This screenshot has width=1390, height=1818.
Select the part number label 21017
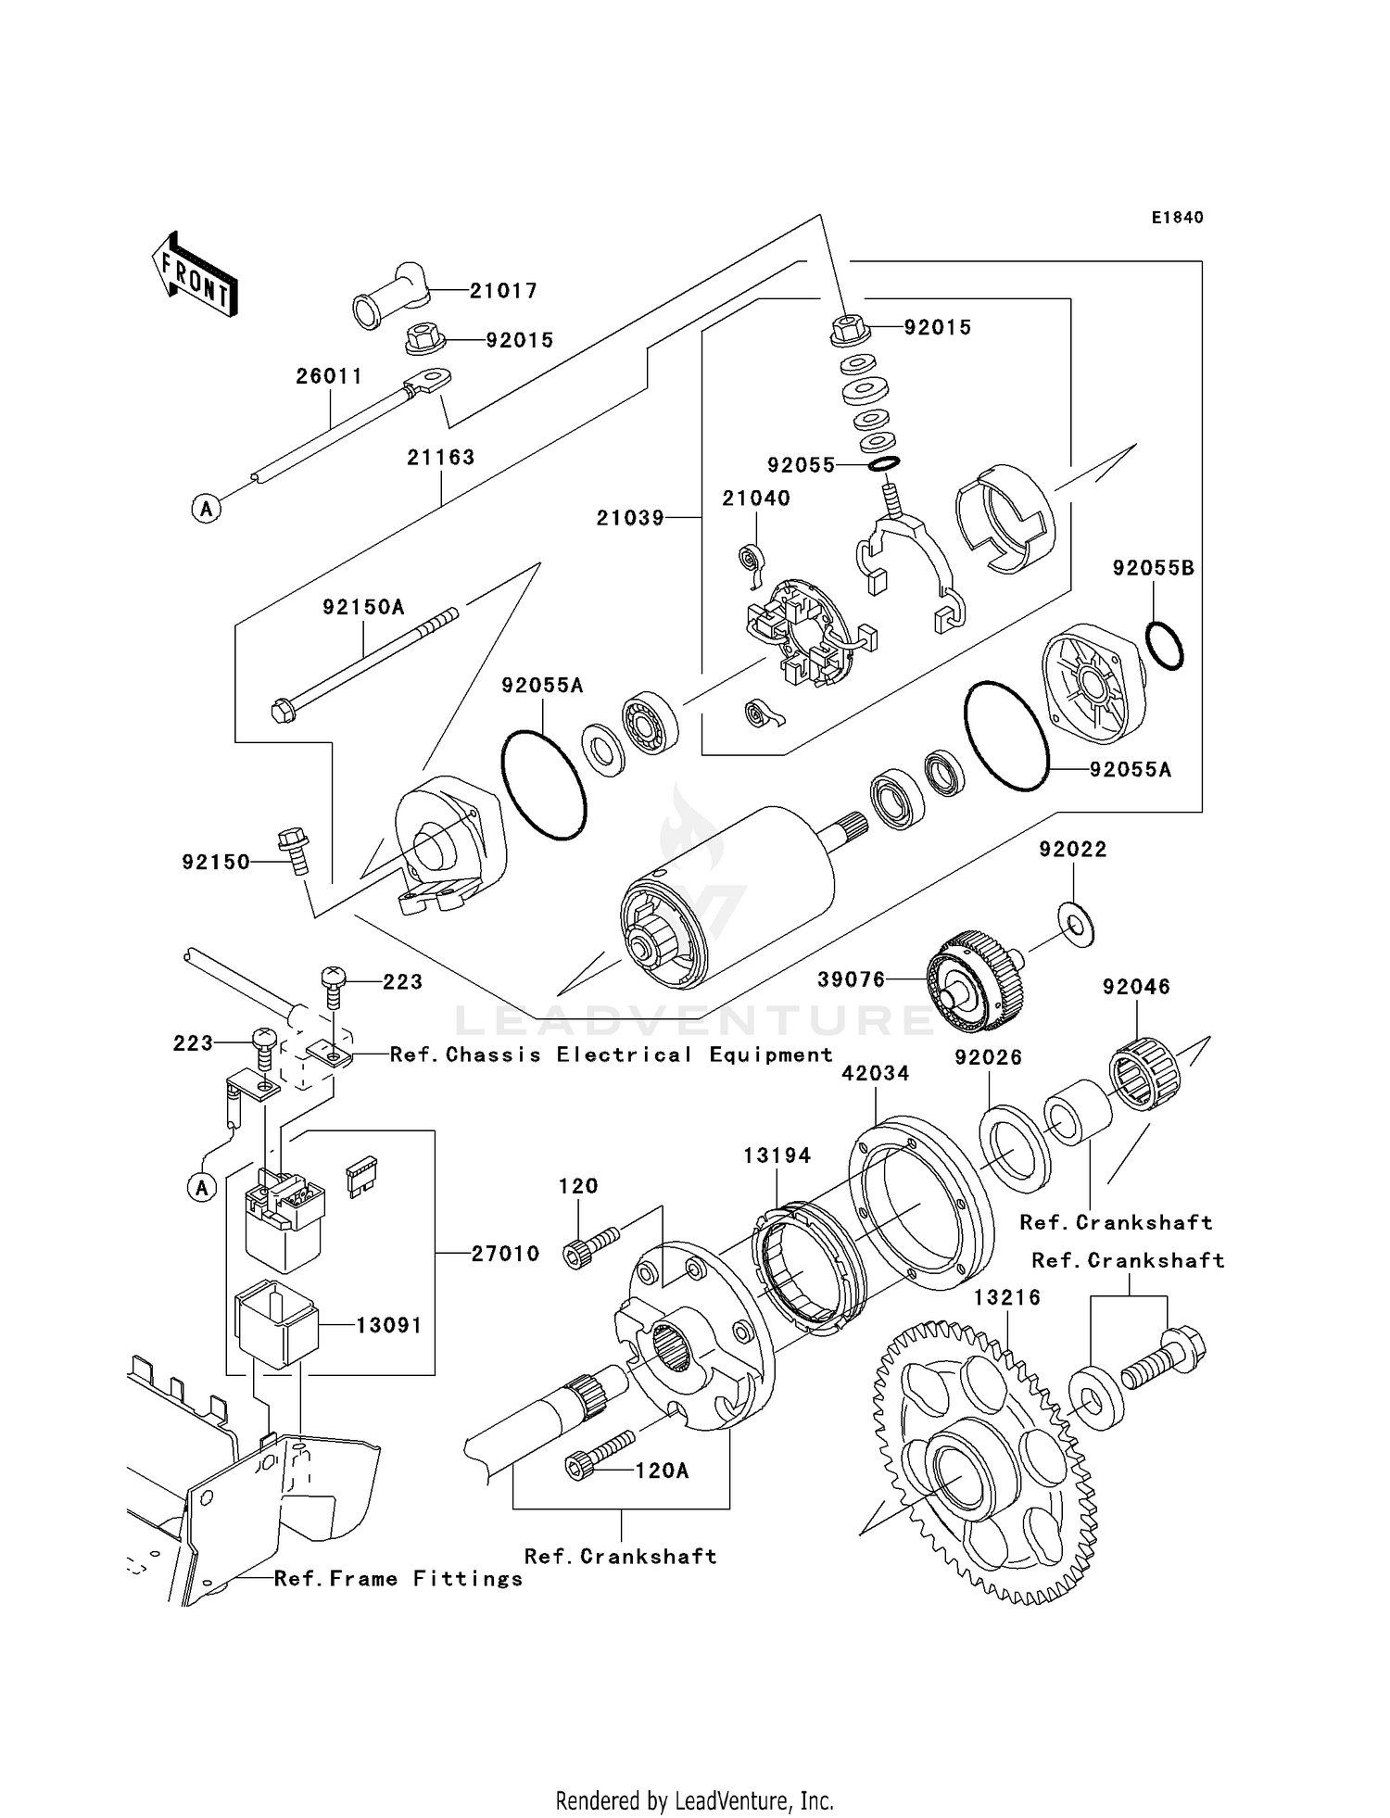coord(503,291)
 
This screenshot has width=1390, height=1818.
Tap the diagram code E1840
coord(1177,218)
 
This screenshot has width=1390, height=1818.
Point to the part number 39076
coord(851,979)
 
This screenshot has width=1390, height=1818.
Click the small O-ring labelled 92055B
coord(1165,645)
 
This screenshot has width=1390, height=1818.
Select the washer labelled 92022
coord(1076,922)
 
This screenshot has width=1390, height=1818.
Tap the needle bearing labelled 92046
coord(1145,1073)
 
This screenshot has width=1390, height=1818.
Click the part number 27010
coord(505,1254)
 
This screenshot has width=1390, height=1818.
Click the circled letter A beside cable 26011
coord(207,508)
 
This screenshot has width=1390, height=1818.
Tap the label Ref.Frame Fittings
coord(398,1579)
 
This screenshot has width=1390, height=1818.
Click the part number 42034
coord(875,1073)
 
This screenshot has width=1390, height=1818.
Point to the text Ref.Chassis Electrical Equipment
coord(612,1054)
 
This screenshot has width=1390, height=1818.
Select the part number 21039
coord(630,518)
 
